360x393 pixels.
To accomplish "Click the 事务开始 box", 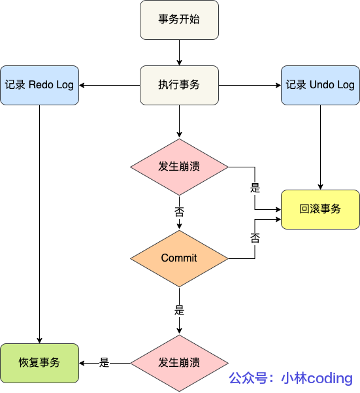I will [179, 19].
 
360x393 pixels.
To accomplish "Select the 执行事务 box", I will [179, 85].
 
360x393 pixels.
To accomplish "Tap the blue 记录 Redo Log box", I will [39, 85].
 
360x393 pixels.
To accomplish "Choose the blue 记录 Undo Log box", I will [320, 85].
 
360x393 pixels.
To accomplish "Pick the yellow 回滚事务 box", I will [320, 209].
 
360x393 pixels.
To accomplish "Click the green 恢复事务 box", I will [39, 363].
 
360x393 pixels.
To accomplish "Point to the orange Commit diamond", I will [179, 258].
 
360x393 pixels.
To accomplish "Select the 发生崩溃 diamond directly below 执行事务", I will [179, 167].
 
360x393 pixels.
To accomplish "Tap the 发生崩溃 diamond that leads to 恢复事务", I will [179, 363].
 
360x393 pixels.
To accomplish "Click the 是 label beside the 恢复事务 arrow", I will [104, 363].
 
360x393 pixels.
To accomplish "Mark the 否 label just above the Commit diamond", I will [179, 212].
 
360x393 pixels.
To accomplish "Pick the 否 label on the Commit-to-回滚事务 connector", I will [255, 238].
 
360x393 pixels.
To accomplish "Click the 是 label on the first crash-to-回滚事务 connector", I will [255, 188].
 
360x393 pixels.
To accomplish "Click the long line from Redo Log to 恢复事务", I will [39, 222].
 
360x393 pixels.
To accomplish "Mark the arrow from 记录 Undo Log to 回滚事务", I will [320, 147].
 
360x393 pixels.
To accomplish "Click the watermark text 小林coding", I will [317, 378].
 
